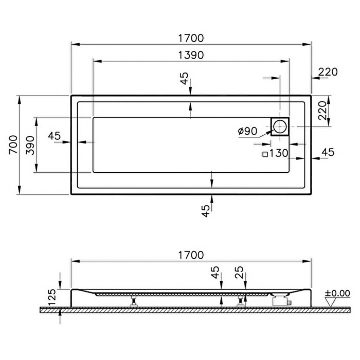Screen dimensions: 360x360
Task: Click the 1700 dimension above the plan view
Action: coord(191,39)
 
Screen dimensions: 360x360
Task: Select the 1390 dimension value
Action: coord(191,56)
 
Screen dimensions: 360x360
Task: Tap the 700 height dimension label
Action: coord(13,145)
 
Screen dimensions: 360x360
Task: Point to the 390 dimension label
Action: coord(30,146)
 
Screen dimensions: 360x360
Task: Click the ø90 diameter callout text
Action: coord(248,131)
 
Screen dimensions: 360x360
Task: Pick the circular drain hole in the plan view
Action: coord(280,126)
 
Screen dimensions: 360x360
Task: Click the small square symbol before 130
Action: coord(265,154)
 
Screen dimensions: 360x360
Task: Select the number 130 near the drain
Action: coord(279,153)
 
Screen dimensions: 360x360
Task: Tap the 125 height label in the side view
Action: coord(52,297)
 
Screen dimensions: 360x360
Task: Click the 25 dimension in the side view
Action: coord(239,272)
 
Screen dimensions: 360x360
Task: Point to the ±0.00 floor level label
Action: coord(337,293)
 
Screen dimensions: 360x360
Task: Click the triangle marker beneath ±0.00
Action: coord(331,302)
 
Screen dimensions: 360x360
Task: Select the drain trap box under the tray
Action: coord(281,301)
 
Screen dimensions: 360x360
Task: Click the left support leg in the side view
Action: coord(133,301)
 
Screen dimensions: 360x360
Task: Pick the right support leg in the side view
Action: coord(240,301)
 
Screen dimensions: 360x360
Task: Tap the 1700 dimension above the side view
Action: coord(191,255)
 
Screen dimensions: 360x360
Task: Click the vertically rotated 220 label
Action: coord(322,111)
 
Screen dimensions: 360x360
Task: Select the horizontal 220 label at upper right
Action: coord(328,72)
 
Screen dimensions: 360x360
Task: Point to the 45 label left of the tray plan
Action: coord(55,136)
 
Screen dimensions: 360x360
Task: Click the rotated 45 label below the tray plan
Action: coord(206,211)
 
